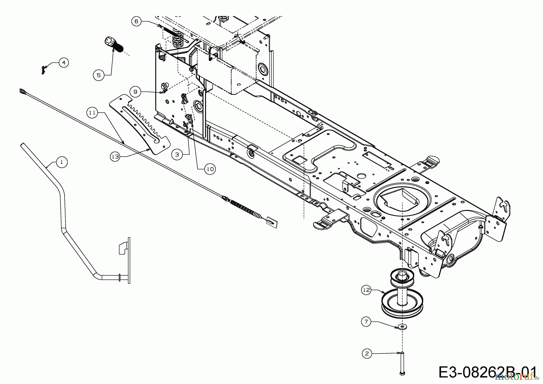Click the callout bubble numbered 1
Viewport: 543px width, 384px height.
pyautogui.click(x=62, y=162)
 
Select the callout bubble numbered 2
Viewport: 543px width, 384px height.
pyautogui.click(x=367, y=354)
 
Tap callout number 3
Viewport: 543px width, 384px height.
pyautogui.click(x=177, y=155)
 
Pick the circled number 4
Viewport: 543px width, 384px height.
pyautogui.click(x=63, y=63)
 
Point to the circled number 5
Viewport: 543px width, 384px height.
pyautogui.click(x=99, y=75)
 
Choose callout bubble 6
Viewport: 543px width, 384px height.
pyautogui.click(x=136, y=21)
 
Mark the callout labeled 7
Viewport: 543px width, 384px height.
pyautogui.click(x=366, y=322)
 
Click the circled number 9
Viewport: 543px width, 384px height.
pyautogui.click(x=135, y=91)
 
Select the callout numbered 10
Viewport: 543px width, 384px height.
pyautogui.click(x=210, y=169)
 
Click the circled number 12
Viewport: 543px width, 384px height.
pyautogui.click(x=366, y=290)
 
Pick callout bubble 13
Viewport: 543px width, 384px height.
pyautogui.click(x=115, y=157)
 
